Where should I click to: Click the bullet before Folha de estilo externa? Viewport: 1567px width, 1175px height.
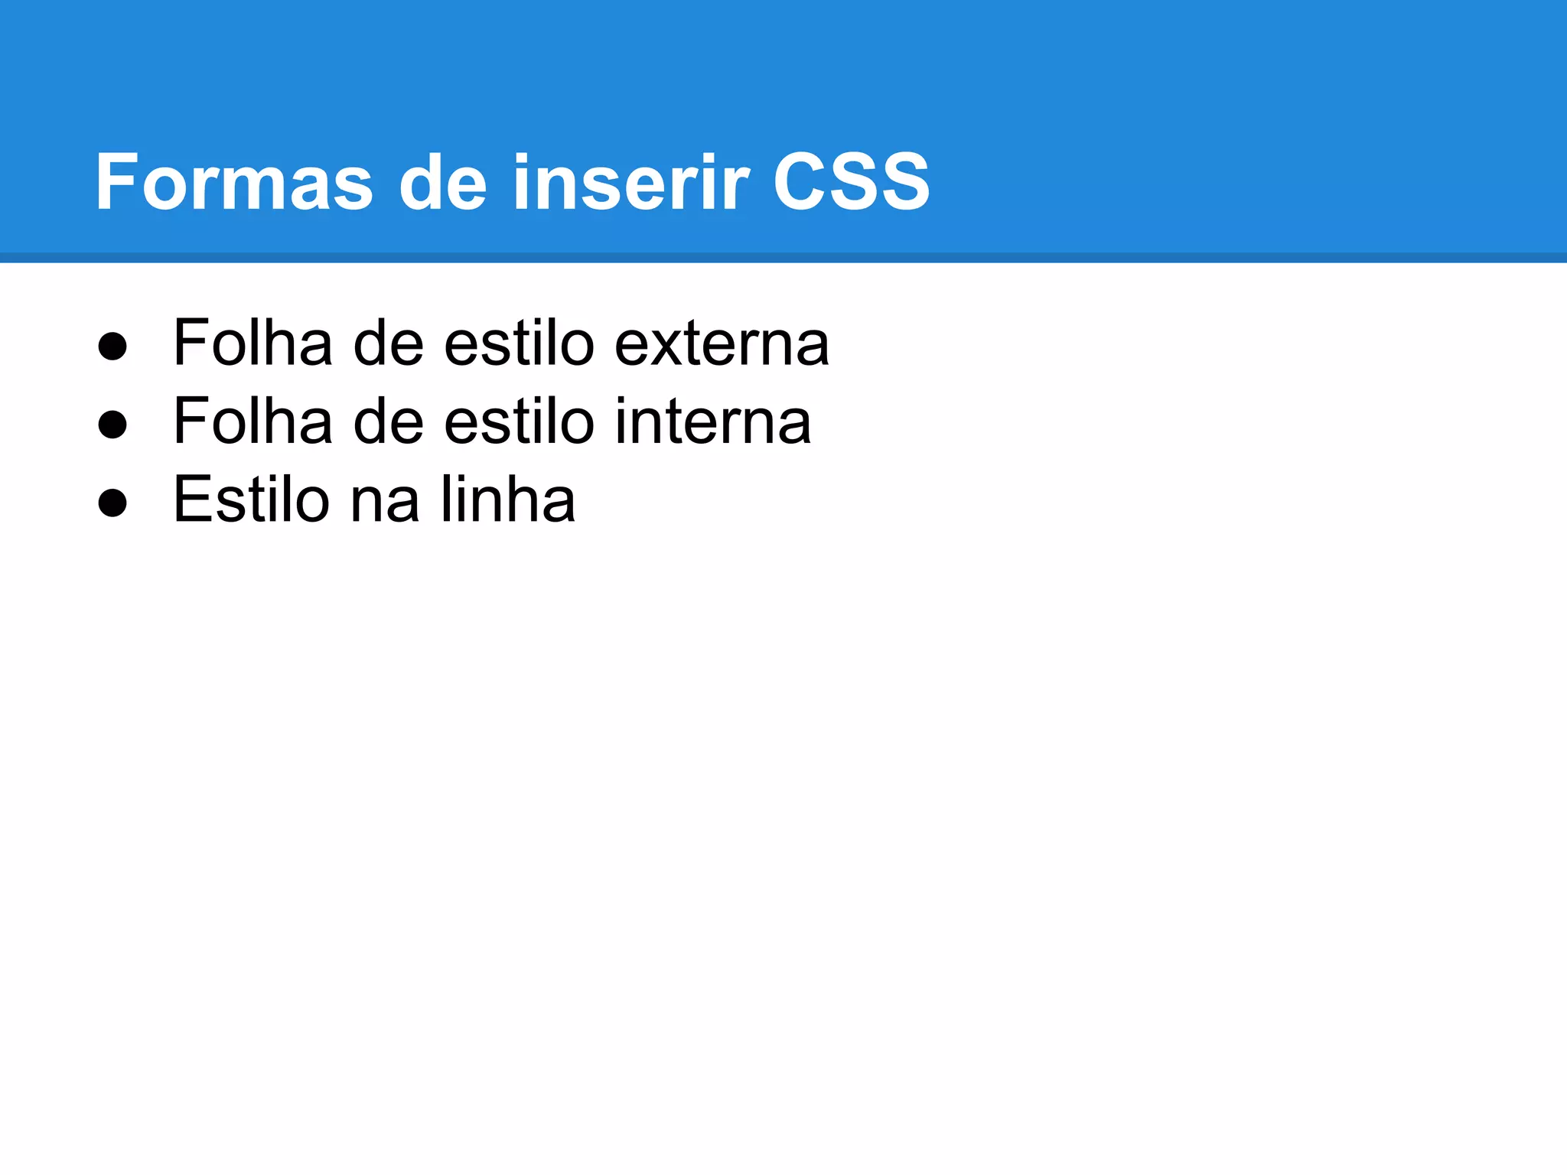pyautogui.click(x=112, y=346)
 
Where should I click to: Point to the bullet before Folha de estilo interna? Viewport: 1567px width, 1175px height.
pyautogui.click(x=112, y=425)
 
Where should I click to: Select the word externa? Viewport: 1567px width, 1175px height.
pyautogui.click(x=722, y=343)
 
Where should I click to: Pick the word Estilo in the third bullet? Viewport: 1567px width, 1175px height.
pyautogui.click(x=251, y=500)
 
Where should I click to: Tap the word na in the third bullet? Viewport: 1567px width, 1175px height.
pyautogui.click(x=385, y=500)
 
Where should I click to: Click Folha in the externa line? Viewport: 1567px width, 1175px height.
pyautogui.click(x=252, y=343)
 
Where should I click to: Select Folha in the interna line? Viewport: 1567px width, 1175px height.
pyautogui.click(x=252, y=422)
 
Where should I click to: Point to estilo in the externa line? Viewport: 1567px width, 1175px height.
pyautogui.click(x=519, y=343)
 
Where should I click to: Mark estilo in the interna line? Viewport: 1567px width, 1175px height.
pyautogui.click(x=519, y=422)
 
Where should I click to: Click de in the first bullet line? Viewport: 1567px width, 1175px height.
pyautogui.click(x=388, y=343)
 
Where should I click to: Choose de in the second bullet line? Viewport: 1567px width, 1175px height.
pyautogui.click(x=388, y=422)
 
